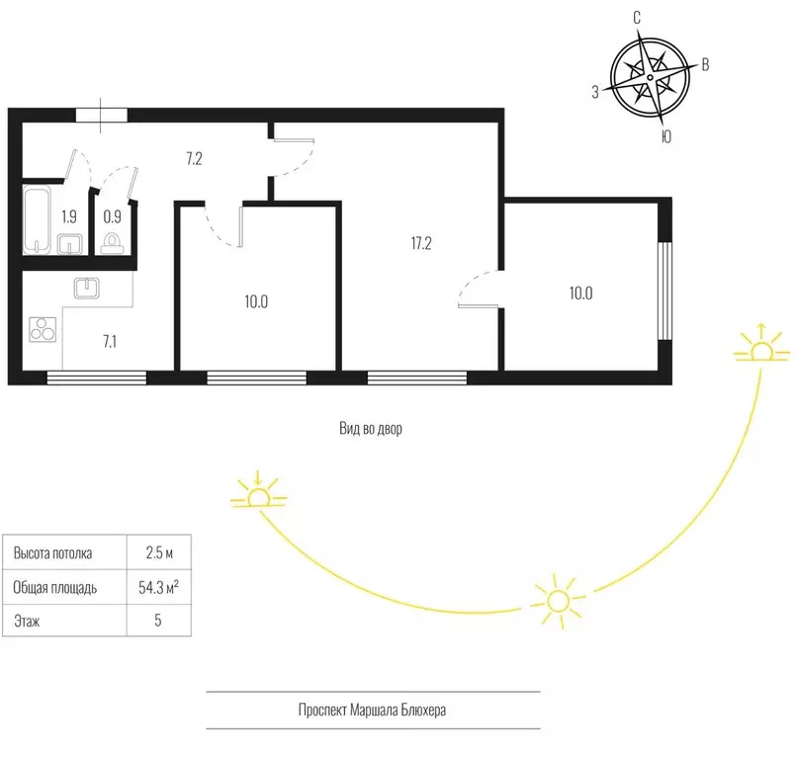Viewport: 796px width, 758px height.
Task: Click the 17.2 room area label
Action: coord(421,243)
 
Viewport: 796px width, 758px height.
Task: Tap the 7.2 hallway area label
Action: coord(195,159)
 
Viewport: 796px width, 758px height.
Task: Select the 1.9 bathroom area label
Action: coord(69,216)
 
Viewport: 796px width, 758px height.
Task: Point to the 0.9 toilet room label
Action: coord(112,216)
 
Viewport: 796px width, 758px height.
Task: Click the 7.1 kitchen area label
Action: coord(110,342)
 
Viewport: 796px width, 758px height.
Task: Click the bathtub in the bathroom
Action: coord(37,219)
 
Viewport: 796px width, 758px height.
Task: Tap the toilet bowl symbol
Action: coord(112,243)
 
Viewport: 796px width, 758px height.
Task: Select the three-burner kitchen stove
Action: coord(43,329)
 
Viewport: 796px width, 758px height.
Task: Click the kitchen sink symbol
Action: coord(87,289)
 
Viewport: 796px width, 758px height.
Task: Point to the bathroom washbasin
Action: coord(69,244)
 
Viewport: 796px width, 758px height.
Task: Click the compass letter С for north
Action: coord(637,18)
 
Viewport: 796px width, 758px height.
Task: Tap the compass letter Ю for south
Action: coord(666,136)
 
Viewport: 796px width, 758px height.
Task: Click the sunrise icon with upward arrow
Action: coord(762,343)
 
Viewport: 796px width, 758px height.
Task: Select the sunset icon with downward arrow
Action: coord(258,489)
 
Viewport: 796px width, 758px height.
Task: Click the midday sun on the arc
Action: coord(558,601)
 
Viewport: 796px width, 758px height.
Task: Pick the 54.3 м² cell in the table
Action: coord(158,588)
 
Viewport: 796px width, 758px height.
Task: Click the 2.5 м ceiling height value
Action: coord(159,552)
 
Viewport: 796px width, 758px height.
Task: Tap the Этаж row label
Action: coord(27,621)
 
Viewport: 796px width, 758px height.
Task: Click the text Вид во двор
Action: coord(371,429)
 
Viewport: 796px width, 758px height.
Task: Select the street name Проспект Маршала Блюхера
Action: coord(372,710)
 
